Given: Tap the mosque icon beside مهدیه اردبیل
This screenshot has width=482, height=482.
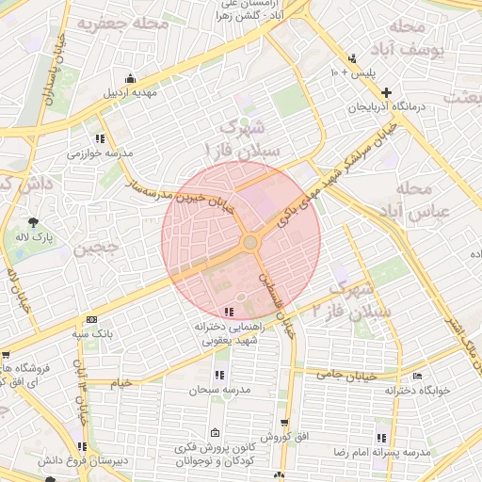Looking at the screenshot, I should [130, 78].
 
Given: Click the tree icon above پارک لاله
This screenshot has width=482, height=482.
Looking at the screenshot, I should [35, 222].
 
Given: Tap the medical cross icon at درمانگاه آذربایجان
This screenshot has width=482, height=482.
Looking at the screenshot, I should [387, 91].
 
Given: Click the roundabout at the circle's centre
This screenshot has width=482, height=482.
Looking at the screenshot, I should [250, 243].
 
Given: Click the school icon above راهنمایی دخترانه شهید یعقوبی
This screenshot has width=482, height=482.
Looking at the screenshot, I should [229, 312].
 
